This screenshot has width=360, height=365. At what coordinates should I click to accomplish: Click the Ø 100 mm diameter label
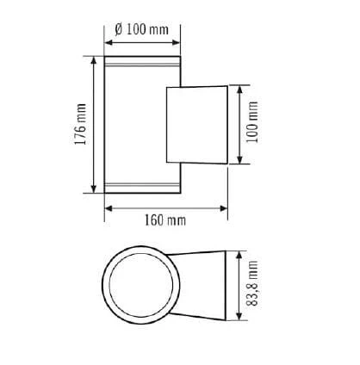coord(142,29)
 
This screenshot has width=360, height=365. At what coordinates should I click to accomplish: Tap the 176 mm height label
coord(80,124)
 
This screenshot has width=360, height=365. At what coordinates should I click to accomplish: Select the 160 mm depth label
coord(165,220)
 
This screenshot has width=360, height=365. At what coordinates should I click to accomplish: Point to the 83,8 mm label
coord(252,283)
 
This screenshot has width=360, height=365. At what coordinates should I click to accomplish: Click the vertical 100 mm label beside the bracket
coord(252,121)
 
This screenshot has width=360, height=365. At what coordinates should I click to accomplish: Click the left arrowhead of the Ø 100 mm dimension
coord(109,43)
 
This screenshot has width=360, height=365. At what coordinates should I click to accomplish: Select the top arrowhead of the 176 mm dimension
coord(94,60)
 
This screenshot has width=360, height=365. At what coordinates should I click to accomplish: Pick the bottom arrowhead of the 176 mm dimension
coord(94,189)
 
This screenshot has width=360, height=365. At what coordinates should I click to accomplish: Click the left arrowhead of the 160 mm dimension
coord(109,208)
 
